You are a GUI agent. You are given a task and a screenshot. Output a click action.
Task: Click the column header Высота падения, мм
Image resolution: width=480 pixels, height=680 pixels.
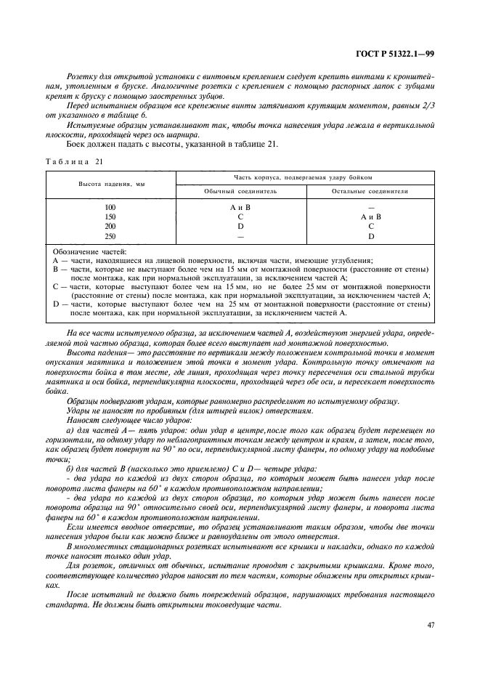(111, 184)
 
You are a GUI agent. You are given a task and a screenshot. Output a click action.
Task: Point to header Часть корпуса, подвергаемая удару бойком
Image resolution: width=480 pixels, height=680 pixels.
(304, 177)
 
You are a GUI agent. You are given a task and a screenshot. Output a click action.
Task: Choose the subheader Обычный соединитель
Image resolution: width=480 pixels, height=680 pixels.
(240, 191)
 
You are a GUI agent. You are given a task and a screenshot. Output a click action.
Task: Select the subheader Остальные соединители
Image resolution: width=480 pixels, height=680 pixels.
(370, 191)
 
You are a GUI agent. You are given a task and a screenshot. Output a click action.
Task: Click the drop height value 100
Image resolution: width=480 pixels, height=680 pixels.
(111, 207)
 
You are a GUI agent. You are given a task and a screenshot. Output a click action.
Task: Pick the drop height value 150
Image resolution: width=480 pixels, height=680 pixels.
(111, 216)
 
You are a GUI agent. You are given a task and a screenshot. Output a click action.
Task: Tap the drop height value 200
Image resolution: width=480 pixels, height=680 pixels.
(111, 226)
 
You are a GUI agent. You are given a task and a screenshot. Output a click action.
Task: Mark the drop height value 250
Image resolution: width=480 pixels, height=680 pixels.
(111, 235)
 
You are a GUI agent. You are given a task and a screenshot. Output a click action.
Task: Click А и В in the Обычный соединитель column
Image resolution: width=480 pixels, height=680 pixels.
(240, 207)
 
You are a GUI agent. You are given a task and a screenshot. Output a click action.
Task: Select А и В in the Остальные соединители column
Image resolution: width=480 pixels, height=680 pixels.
(370, 216)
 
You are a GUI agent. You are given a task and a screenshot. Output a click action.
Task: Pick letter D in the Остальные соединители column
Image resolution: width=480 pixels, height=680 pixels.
(370, 235)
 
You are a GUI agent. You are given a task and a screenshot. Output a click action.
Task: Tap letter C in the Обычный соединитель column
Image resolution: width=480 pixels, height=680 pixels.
(240, 216)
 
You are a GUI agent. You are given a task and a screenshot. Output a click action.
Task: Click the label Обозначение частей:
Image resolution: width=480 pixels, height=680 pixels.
(89, 251)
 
